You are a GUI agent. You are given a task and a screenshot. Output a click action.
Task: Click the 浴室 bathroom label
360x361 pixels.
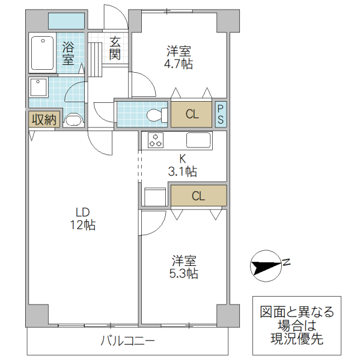[x=68, y=53]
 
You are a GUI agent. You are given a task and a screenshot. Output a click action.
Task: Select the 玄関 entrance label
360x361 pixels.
[x=115, y=49]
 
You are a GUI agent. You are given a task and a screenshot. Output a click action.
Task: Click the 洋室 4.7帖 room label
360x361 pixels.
[x=178, y=57]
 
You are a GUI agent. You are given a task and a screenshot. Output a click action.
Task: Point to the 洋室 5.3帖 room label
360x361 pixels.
[x=184, y=267]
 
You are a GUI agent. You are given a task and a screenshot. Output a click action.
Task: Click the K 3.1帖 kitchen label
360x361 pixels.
[x=182, y=165]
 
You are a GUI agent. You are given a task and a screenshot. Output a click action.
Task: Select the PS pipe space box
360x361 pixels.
[x=221, y=114]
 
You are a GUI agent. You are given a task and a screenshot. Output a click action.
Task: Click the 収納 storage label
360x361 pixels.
[x=43, y=120]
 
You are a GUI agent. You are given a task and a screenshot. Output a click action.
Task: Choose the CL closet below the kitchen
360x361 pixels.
[x=198, y=196]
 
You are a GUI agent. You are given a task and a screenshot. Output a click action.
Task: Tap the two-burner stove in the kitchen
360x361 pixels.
[x=156, y=140]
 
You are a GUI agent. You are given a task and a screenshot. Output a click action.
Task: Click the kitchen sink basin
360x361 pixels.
[x=198, y=140]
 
